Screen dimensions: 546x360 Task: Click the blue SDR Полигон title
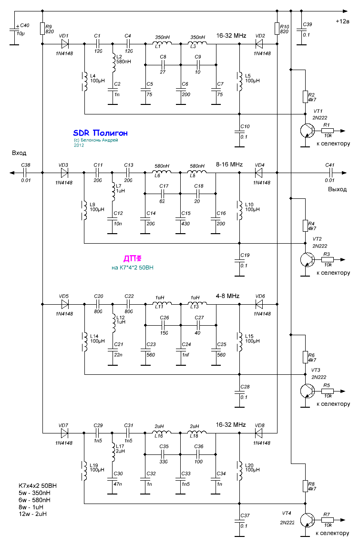pyautogui.click(x=100, y=133)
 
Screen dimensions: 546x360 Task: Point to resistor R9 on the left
pyautogui.click(x=42, y=28)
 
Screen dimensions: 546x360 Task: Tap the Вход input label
pyautogui.click(x=19, y=153)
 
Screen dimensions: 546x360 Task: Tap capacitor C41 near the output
pyautogui.click(x=329, y=173)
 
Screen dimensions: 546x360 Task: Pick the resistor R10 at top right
pyautogui.click(x=277, y=28)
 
